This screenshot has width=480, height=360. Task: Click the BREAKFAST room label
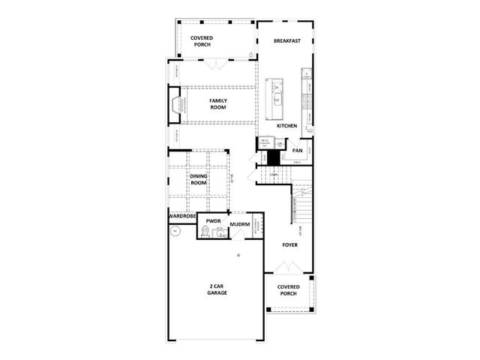pyautogui.click(x=286, y=41)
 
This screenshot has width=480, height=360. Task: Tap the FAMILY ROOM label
pyautogui.click(x=217, y=103)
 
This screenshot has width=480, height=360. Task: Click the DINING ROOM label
pyautogui.click(x=199, y=179)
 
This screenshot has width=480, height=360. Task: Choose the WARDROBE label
pyautogui.click(x=182, y=216)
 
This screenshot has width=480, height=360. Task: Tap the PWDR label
pyautogui.click(x=213, y=222)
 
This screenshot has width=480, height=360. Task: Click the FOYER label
pyautogui.click(x=289, y=245)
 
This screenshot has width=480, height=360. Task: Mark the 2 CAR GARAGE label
pyautogui.click(x=217, y=289)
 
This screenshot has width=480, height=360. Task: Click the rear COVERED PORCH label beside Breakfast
pyautogui.click(x=201, y=40)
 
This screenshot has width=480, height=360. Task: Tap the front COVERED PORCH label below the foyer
pyautogui.click(x=289, y=289)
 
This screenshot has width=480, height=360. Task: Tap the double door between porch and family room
pyautogui.click(x=216, y=63)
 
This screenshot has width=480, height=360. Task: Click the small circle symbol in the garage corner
pyautogui.click(x=174, y=232)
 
